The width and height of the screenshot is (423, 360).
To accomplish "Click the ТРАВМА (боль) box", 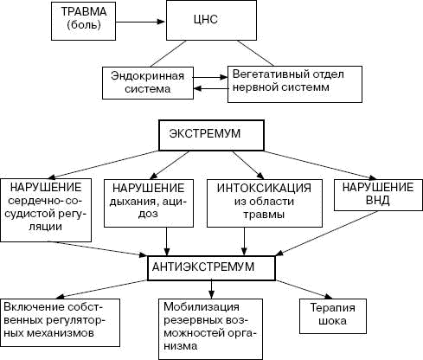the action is coord(83,21).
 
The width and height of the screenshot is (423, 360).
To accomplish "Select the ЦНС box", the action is coord(211,20).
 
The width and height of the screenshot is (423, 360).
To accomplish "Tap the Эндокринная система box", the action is coord(148,83).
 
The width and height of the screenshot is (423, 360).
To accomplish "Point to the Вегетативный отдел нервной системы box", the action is coord(295,84).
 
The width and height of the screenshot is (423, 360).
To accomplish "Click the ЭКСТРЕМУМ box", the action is coord(211,135).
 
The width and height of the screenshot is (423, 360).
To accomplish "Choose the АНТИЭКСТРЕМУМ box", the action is coord(211,268).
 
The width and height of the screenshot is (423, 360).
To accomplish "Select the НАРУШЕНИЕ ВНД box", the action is coord(378,195).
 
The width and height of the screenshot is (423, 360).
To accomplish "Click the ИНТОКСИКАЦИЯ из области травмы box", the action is coord(265,203).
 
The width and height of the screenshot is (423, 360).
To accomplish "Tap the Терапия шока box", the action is coord(333,316).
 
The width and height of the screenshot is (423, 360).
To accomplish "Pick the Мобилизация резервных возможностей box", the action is coord(210,329).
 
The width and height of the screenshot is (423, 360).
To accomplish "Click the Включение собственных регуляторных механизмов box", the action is coord(60,323).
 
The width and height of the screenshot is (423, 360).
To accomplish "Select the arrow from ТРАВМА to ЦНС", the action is coord(140,22).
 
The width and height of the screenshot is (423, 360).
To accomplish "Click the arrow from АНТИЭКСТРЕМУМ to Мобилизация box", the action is coord(212,289).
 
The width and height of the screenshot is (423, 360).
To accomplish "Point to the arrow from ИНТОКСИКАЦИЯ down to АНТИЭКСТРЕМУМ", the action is coord(245,241).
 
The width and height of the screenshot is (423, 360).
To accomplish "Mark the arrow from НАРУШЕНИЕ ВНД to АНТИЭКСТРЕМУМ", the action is coord(327,234).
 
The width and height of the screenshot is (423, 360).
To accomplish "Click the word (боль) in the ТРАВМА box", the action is coord(84,25).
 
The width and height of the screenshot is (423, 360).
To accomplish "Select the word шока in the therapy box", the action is coord(333,321).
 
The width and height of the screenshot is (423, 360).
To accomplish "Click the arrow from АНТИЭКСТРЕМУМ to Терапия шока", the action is coord(304,289).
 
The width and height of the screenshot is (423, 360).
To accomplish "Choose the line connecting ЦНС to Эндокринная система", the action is coord(168,54).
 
